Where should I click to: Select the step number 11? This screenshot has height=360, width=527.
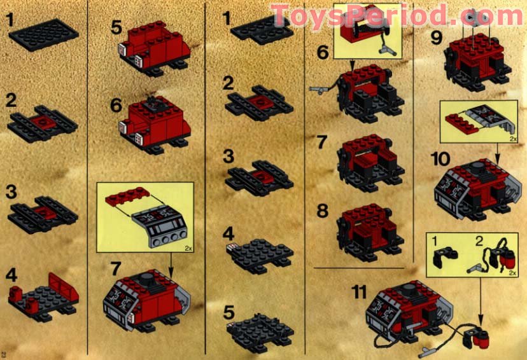click(x=359, y=293)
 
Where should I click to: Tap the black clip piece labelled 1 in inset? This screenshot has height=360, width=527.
click(x=440, y=258)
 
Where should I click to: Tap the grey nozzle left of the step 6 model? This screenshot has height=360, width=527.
click(x=316, y=90)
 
